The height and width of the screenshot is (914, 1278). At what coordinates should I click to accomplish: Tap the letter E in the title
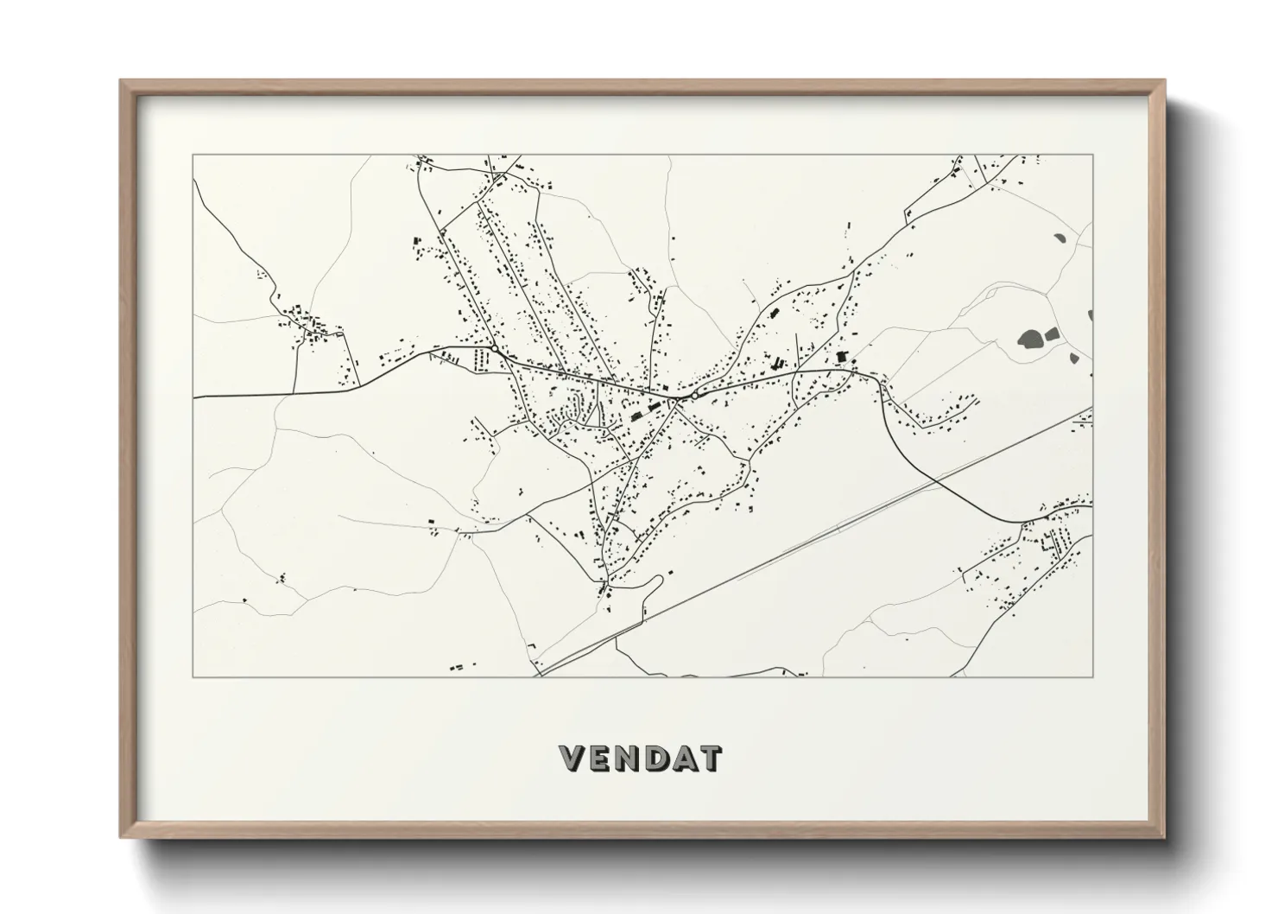[601, 758]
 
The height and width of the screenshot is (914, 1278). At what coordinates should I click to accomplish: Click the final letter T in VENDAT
[710, 758]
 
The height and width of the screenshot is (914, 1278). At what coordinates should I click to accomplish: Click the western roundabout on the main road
[493, 348]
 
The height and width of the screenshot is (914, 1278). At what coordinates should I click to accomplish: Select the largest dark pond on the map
[1030, 339]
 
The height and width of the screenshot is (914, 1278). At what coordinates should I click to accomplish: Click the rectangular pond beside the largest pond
[1052, 333]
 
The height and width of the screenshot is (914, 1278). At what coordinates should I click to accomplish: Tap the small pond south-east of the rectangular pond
[1074, 357]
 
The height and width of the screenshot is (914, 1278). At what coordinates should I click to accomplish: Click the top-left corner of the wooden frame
[121, 81]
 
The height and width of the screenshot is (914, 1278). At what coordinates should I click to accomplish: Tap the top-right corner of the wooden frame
[1163, 81]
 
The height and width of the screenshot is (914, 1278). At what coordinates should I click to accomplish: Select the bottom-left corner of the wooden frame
[121, 836]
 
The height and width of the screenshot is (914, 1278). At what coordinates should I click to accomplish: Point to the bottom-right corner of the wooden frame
[1163, 836]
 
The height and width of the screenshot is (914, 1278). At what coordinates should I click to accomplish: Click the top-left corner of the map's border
[193, 156]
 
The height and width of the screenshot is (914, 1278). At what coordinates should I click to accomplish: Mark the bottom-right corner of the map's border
[1092, 676]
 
